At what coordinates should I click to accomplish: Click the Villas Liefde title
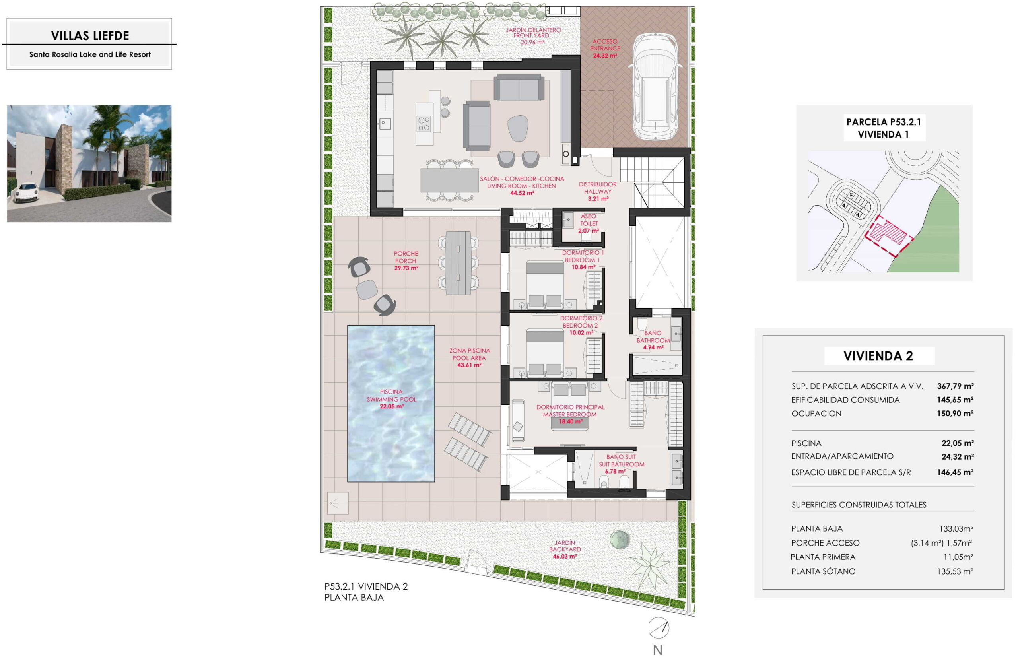click(x=90, y=35)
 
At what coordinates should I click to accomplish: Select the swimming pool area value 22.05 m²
click(x=391, y=406)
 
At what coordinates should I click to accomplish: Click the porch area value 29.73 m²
click(x=406, y=268)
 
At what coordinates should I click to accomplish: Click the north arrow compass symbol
click(x=659, y=628)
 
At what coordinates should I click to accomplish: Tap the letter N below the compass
click(x=658, y=650)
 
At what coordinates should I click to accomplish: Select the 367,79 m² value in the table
click(x=955, y=386)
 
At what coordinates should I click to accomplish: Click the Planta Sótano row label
click(x=823, y=571)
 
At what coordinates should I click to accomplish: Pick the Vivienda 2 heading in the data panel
click(x=878, y=356)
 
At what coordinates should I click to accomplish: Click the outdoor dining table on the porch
click(x=458, y=263)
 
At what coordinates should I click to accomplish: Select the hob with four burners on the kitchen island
click(x=424, y=124)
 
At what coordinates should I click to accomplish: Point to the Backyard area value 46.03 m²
click(x=565, y=556)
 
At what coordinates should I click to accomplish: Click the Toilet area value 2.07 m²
click(x=589, y=231)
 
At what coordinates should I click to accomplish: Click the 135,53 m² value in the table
click(x=955, y=571)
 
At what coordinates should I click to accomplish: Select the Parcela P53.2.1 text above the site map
click(x=884, y=122)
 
